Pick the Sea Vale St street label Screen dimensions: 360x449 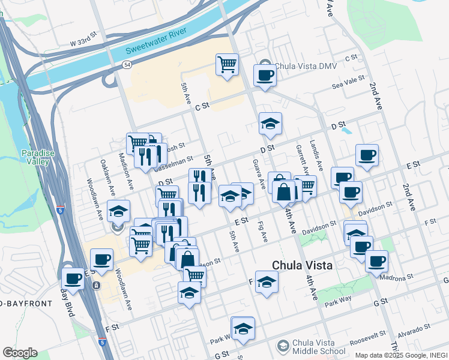click(349, 83)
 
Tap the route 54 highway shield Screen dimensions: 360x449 click(127, 65)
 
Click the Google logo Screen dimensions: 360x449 click(20, 352)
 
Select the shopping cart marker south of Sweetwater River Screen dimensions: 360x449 click(228, 64)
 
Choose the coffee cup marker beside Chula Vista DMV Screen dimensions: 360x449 click(265, 76)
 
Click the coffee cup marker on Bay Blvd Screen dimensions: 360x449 click(73, 278)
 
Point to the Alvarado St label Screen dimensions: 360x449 click(414, 329)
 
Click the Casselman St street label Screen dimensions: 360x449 click(172, 163)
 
